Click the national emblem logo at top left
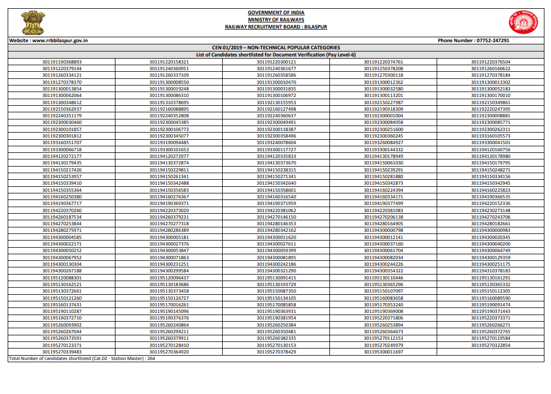33,22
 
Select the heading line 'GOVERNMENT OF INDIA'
276,13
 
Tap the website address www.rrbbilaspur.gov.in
60,41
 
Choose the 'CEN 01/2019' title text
227,48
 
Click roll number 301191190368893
62,62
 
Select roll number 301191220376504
490,62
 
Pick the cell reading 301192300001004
383,116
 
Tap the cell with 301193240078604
276,142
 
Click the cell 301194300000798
383,230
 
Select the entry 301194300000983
490,230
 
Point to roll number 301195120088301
62,278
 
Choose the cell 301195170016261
169,305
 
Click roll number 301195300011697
383,352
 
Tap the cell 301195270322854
490,345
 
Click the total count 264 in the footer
151,358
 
